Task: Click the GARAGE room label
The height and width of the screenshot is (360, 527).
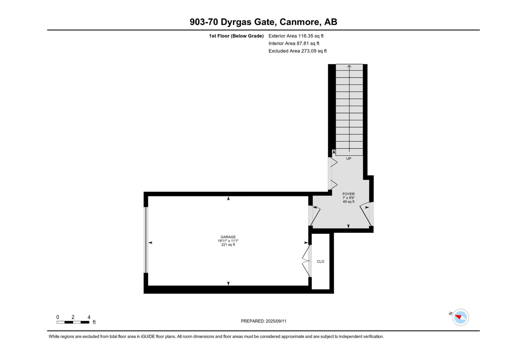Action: (228, 237)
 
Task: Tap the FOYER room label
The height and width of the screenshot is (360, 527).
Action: (348, 194)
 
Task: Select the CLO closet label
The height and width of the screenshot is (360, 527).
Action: (320, 261)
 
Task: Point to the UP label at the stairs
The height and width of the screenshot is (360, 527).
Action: (349, 159)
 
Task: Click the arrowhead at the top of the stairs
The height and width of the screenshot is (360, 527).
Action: (349, 66)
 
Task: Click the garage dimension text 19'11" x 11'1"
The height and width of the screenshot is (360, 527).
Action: (228, 241)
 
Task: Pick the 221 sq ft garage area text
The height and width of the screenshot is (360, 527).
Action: (228, 245)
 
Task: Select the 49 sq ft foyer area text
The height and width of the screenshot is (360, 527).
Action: (348, 202)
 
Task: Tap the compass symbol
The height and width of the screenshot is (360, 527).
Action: (460, 317)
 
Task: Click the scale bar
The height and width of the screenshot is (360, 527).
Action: (73, 322)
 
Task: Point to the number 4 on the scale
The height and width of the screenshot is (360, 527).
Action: (89, 317)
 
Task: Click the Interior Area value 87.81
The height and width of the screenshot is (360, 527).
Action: (303, 43)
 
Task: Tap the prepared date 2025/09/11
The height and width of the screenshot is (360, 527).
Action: (276, 321)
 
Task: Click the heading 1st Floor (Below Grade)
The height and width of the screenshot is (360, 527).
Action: (236, 36)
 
